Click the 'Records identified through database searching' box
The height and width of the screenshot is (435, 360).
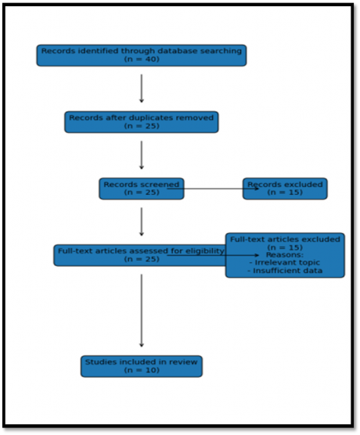[142, 56]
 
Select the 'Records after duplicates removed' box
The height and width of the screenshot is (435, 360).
[142, 122]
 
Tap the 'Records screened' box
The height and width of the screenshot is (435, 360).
[142, 189]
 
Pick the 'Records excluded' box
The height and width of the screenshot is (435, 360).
[285, 189]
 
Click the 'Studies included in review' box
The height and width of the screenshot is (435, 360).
[142, 366]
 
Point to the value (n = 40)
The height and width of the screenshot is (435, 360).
[142, 59]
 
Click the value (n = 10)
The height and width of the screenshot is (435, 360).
[142, 370]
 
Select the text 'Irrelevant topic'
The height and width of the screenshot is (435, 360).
[285, 262]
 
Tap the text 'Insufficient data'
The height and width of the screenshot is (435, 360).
[285, 271]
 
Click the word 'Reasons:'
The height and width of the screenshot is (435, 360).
[285, 255]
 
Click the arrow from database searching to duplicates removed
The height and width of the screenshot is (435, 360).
[142, 88]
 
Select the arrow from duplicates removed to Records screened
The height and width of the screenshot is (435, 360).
[142, 155]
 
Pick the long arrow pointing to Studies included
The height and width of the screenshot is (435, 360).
[142, 311]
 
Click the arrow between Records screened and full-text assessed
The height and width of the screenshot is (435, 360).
[142, 221]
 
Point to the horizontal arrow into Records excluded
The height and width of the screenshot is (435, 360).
[213, 189]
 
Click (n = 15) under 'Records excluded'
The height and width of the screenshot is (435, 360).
[285, 192]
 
